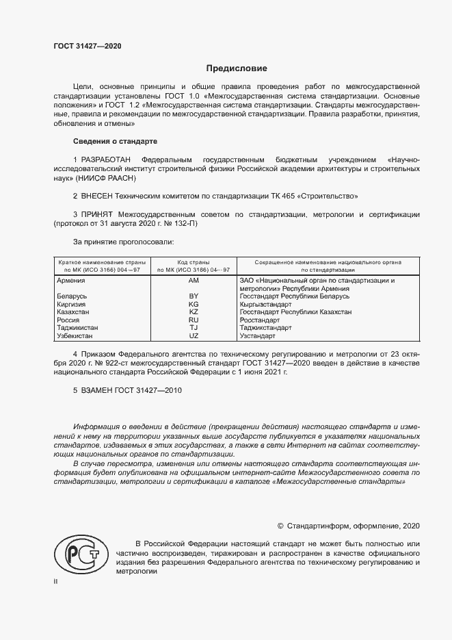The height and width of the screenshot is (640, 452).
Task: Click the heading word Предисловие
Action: coord(237,68)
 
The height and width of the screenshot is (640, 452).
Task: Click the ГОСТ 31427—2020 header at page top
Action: coord(87,46)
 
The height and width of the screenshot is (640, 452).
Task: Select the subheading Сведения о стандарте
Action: coord(115,141)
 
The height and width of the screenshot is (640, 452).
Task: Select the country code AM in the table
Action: coord(194,281)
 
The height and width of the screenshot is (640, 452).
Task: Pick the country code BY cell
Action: coord(194,296)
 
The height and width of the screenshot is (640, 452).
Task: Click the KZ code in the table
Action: coord(194,311)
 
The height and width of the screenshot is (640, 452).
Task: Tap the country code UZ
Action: coord(194,336)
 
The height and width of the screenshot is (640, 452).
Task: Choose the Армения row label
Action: coord(71,281)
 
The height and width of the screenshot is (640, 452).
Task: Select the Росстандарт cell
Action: coord(260,320)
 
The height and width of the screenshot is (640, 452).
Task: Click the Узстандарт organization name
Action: coord(258,336)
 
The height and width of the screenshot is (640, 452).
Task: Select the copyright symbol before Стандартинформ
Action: coord(280,526)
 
